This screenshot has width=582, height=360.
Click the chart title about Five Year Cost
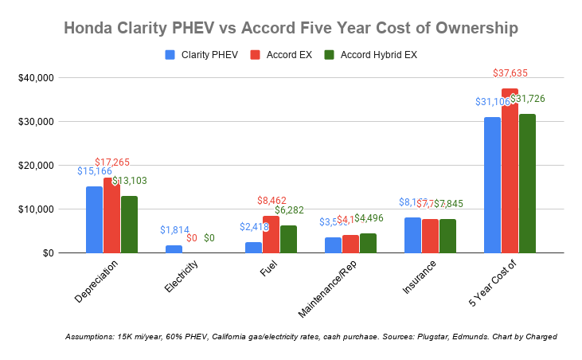pos(291,28)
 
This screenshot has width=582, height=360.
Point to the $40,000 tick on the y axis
pos(30,78)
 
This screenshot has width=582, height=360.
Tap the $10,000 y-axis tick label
pos(30,209)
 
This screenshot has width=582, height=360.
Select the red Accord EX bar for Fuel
pos(271,234)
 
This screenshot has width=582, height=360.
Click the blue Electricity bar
pos(174,248)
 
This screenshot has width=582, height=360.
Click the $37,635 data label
pos(510,73)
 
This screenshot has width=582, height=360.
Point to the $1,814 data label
pos(174,230)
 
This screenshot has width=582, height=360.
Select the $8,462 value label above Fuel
pos(271,201)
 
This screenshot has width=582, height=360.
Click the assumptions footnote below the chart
pos(311,337)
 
